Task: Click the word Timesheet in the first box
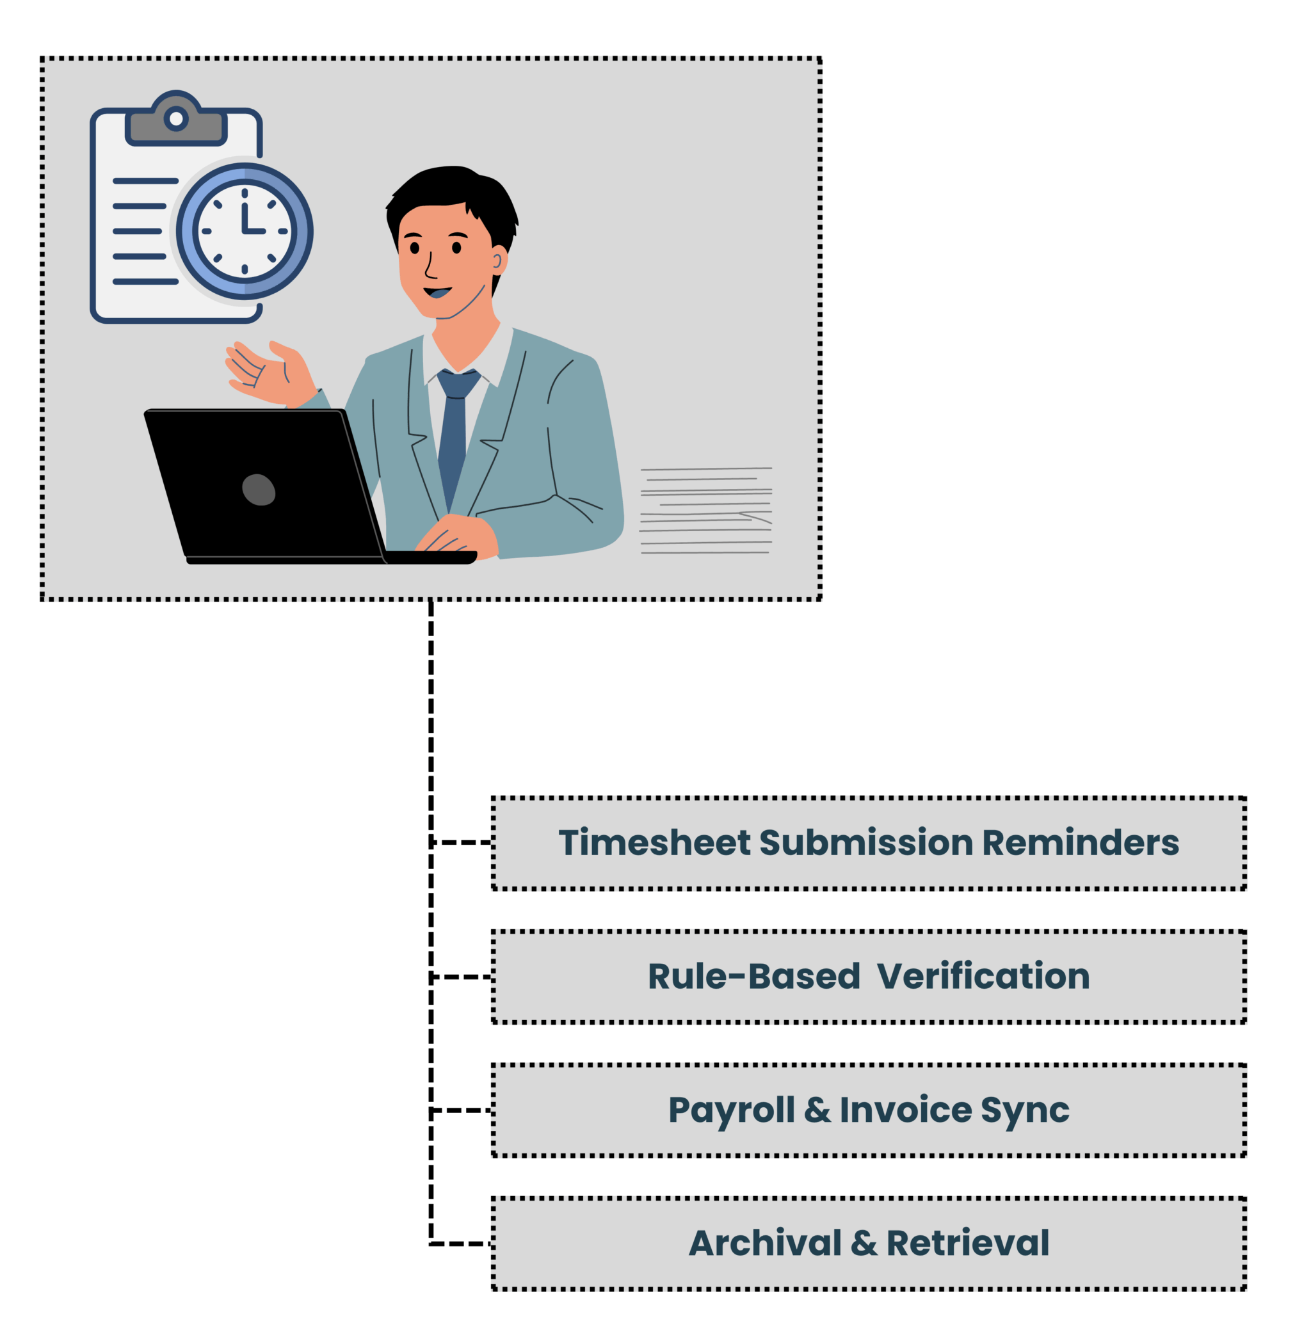coord(654,843)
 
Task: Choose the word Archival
coord(764,1244)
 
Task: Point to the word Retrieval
coord(967,1244)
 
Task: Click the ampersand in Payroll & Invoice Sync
coord(817,1110)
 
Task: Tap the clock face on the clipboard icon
coord(245,231)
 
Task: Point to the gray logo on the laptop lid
coord(259,490)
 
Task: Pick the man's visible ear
coord(497,261)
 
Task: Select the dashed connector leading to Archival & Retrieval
coord(460,1244)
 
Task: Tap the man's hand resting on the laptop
coord(458,534)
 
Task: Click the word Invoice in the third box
coord(905,1110)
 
